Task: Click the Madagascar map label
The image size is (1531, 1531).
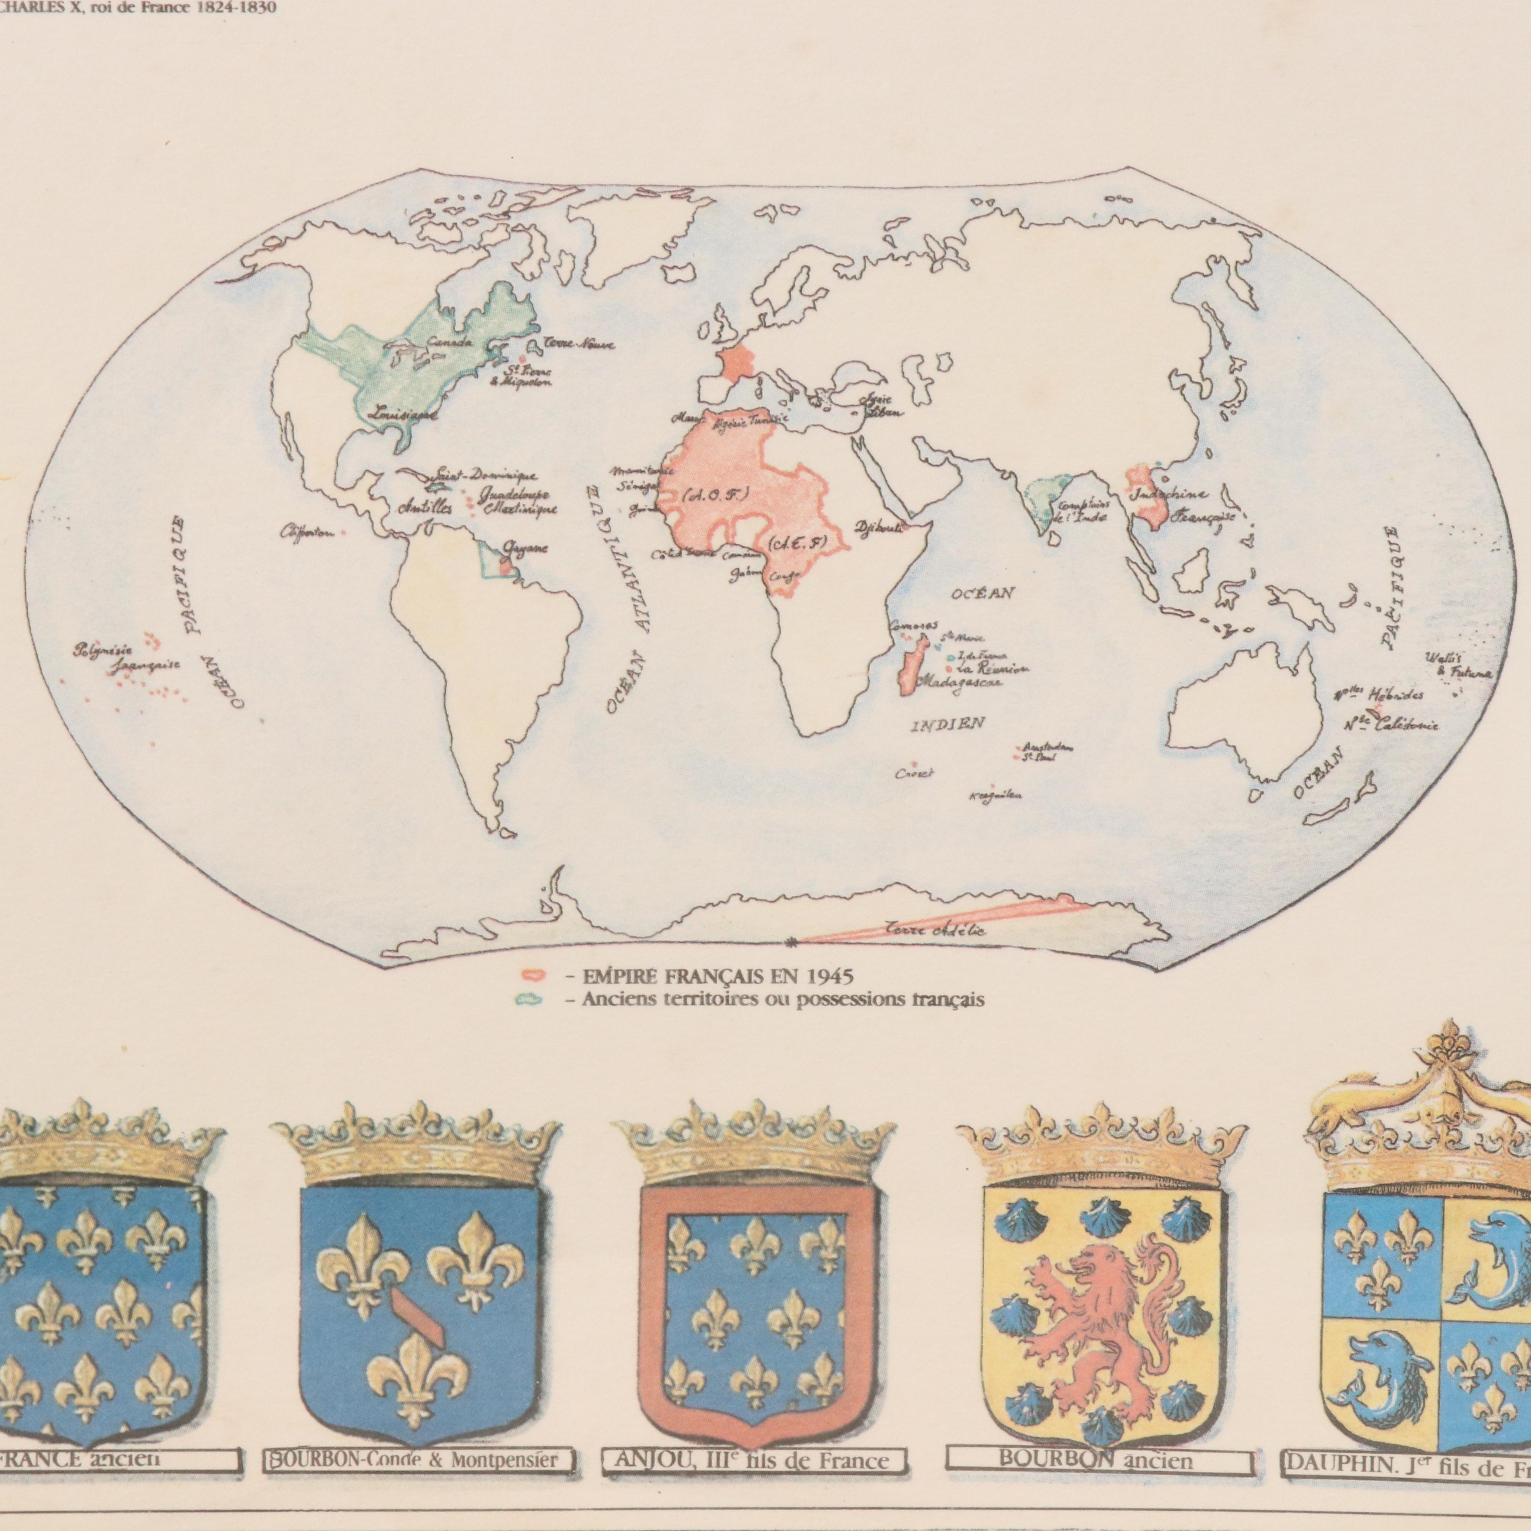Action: [959, 682]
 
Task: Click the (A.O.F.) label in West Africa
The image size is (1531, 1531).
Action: [711, 495]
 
